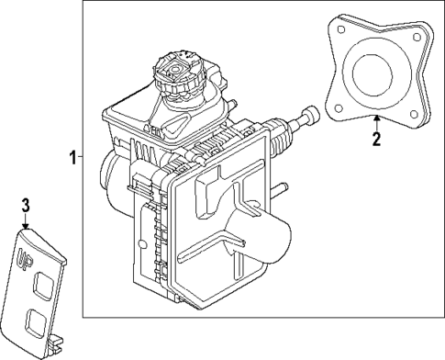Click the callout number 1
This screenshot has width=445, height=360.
(x=72, y=158)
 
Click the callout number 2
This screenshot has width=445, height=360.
(x=375, y=139)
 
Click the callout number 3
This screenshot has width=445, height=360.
(x=27, y=204)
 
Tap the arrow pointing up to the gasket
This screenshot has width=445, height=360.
(x=375, y=123)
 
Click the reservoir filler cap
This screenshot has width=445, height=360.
(x=178, y=74)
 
